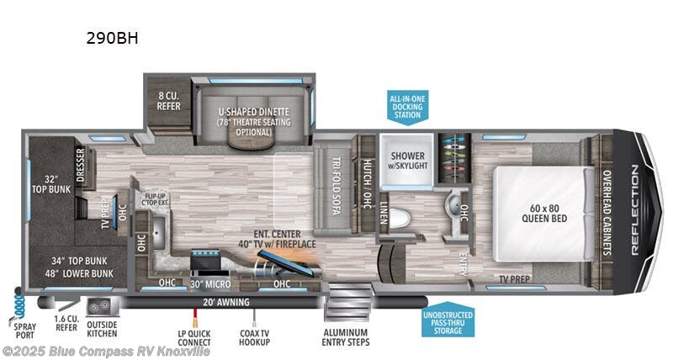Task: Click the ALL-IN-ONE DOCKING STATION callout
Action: [407, 108]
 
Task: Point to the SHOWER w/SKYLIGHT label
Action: [407, 160]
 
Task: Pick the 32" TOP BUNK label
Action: [50, 183]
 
